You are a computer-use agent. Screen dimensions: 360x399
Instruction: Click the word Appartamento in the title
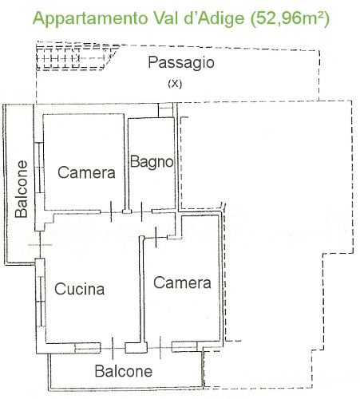coord(90,18)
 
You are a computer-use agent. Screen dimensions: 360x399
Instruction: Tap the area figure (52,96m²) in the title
coord(290,18)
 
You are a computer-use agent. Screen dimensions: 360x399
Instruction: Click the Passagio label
coord(181,63)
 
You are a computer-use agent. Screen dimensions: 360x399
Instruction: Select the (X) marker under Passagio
coord(175,84)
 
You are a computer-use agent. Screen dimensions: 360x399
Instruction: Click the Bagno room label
coord(152,162)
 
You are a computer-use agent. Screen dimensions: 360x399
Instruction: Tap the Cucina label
coord(79,289)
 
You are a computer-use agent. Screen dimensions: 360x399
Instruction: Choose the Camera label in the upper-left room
coord(86,172)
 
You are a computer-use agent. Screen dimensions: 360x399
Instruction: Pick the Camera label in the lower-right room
coord(182,282)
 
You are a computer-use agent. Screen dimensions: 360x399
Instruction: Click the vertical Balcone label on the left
coord(22,189)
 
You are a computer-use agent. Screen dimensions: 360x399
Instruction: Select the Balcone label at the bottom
coord(124,371)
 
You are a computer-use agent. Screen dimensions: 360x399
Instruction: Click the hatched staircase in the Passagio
coord(76,57)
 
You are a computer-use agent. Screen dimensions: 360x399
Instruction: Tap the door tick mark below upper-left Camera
coord(111,211)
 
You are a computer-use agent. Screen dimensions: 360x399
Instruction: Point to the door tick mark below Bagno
coord(141,211)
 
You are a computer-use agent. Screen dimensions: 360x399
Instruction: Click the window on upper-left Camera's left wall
coord(39,168)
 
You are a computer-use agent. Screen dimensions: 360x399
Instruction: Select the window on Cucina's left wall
coord(42,302)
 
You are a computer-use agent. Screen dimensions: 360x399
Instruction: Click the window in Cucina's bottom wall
coord(88,348)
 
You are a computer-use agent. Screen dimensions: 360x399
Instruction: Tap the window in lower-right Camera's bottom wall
coord(184,346)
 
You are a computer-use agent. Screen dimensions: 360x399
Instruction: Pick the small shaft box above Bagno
coord(165,110)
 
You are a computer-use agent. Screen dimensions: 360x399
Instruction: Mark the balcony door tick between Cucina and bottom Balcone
coord(113,349)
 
